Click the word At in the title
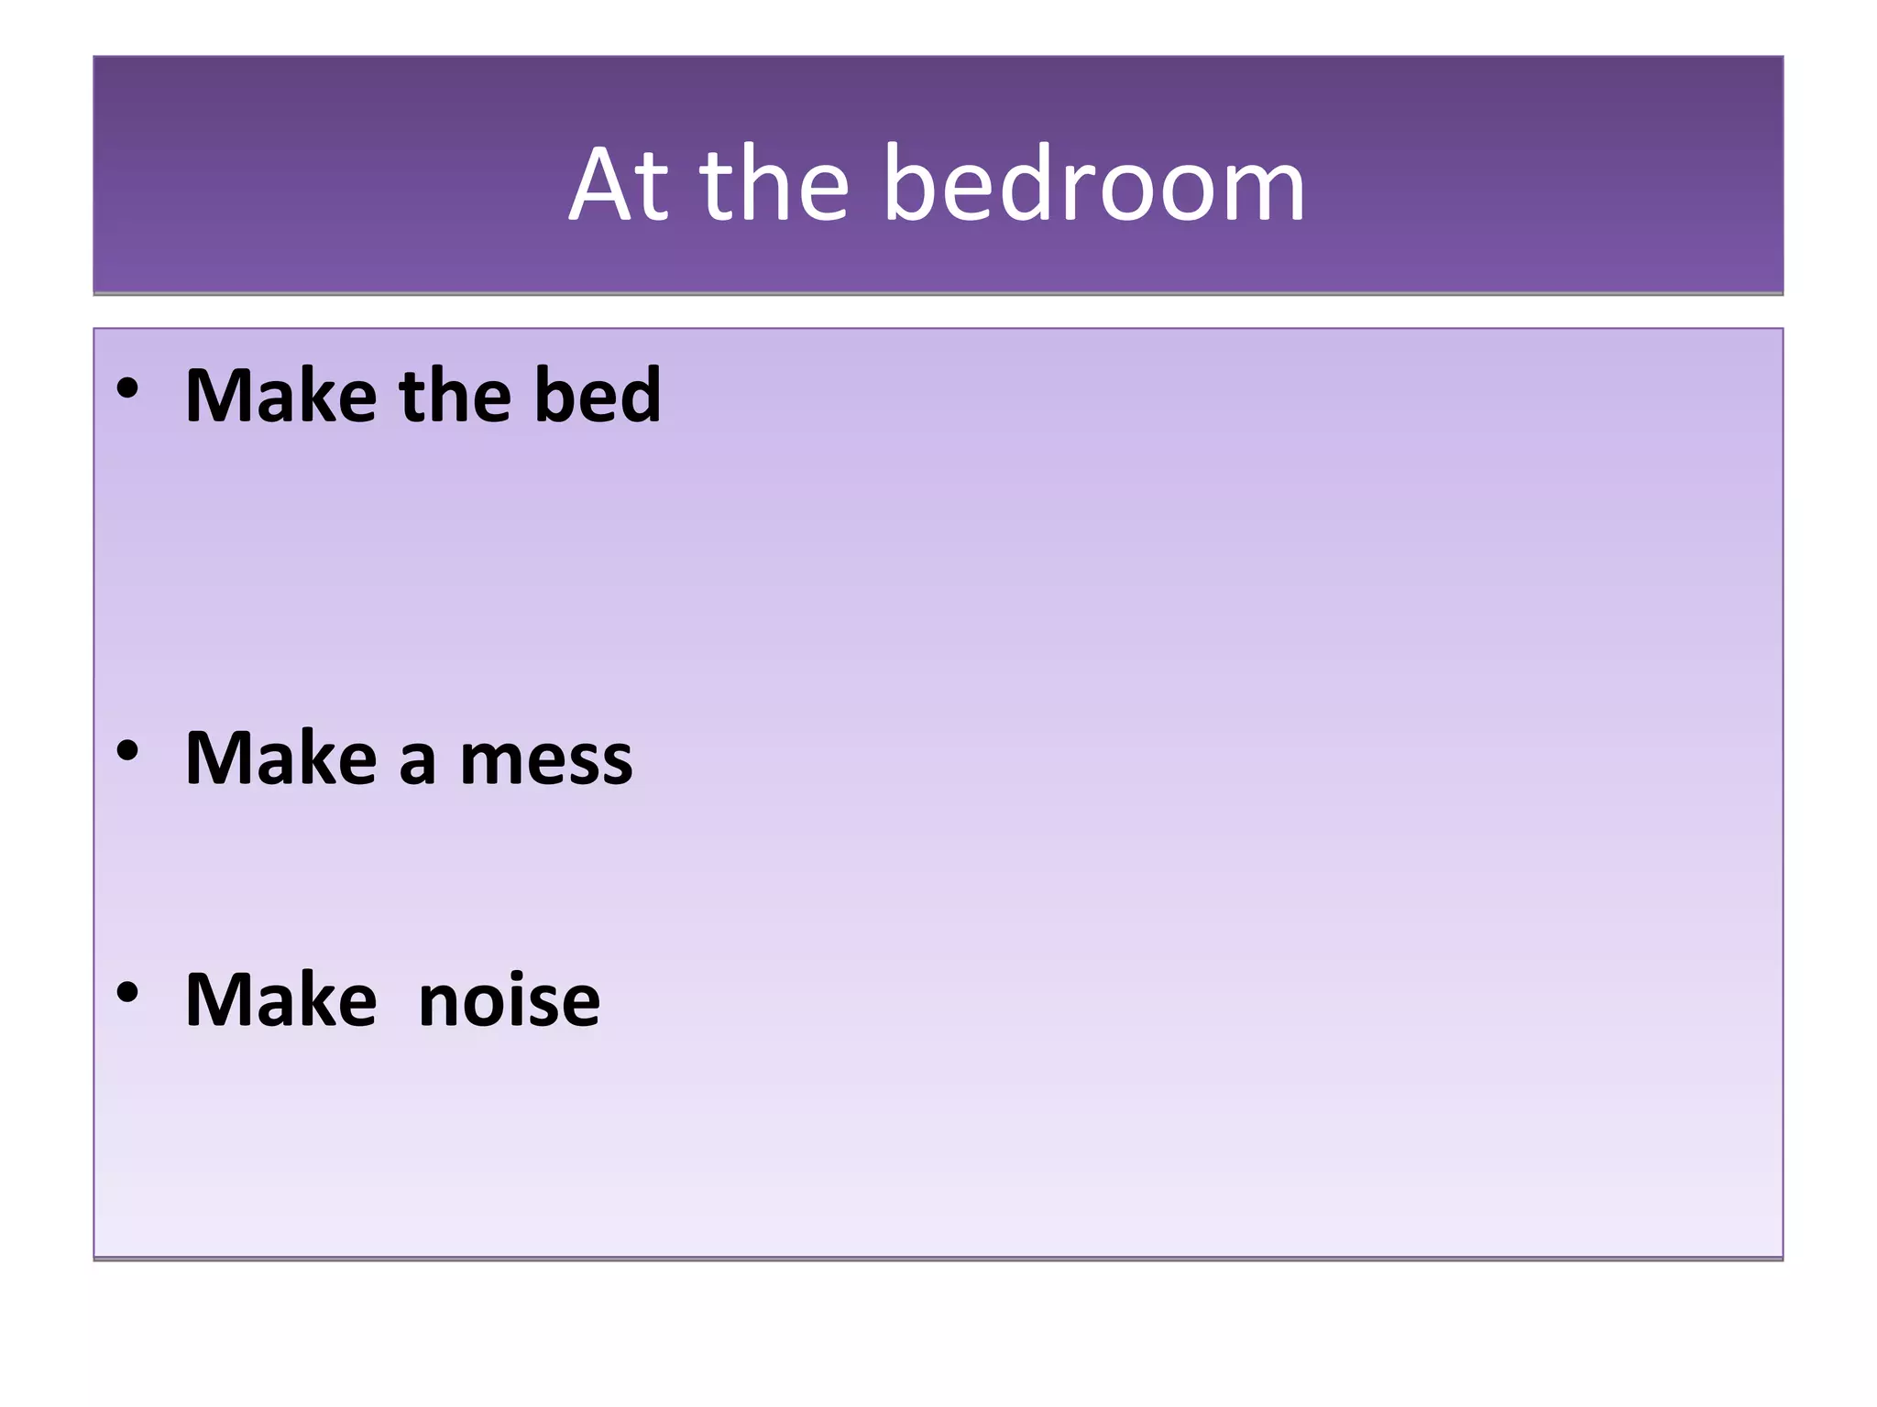(620, 185)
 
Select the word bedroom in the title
(1094, 185)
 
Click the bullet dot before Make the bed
(127, 388)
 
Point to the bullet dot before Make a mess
(127, 751)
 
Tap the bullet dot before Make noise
(127, 992)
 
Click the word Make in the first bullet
(280, 396)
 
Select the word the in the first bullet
(455, 396)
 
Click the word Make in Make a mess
(280, 758)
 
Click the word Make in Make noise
(280, 999)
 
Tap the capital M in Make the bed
(216, 396)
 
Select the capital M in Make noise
(216, 999)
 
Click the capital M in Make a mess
(216, 758)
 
